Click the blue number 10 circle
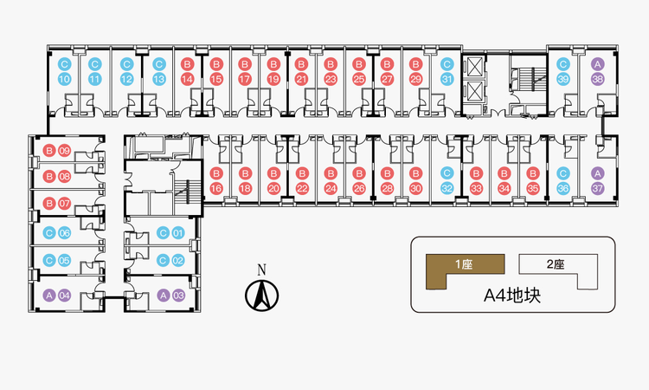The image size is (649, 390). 65,79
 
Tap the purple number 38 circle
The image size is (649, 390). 597,79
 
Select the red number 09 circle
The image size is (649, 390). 65,151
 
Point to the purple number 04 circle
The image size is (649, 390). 65,296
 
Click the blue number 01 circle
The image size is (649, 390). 178,233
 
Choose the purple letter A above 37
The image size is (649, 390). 597,173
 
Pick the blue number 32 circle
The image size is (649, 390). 447,189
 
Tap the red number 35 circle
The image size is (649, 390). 533,189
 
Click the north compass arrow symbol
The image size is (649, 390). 261,296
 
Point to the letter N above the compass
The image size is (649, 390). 261,270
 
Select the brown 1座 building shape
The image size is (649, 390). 466,270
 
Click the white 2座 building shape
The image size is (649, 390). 558,270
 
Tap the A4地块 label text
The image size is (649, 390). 512,296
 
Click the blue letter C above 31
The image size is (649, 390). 447,64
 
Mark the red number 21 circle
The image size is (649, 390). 301,79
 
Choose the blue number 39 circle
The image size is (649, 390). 563,79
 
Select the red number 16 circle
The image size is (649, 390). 216,189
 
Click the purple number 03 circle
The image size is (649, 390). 178,296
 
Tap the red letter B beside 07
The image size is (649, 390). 49,204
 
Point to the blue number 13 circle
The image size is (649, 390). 159,79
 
